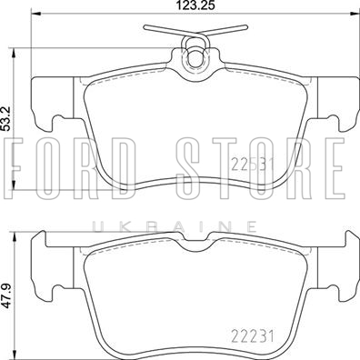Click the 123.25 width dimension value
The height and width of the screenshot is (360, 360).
196,5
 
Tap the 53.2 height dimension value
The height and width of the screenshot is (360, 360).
5,118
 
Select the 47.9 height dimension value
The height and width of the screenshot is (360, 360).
5,295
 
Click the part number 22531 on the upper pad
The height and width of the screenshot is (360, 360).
253,165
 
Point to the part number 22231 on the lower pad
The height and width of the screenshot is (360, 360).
253,336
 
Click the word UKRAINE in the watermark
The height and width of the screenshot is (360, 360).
175,226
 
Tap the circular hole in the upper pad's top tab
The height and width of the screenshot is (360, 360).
195,58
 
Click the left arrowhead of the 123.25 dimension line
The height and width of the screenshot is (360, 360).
36,13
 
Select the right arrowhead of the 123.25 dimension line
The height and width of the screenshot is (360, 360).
355,13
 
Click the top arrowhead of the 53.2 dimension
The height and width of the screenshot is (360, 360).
13,53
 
